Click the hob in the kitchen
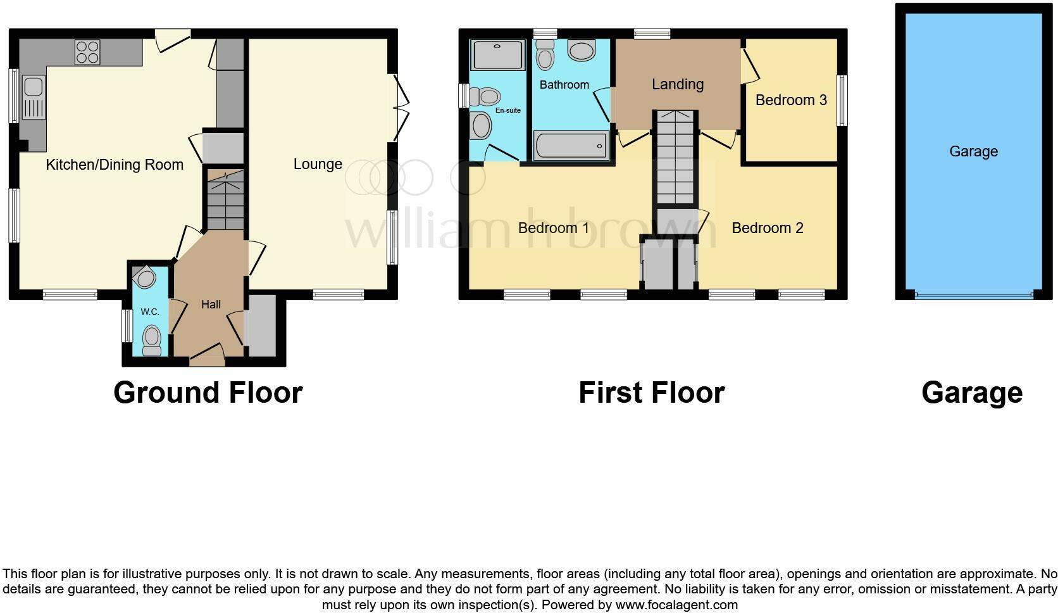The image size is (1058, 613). click(87, 52)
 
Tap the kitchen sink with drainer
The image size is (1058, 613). click(33, 98)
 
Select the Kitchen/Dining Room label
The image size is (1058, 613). click(115, 165)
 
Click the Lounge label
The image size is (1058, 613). click(318, 164)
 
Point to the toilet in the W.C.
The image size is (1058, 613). click(152, 340)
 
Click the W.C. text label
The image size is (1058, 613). click(150, 312)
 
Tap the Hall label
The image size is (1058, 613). click(211, 305)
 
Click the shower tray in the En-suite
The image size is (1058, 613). click(499, 55)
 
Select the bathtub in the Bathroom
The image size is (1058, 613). click(571, 146)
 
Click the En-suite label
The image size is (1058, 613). click(507, 110)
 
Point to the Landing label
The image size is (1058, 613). click(678, 84)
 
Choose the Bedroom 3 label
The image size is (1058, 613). click(791, 100)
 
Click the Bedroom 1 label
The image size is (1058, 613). click(554, 228)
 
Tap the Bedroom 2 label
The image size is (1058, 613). click(768, 228)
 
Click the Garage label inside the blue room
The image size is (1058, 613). click(973, 151)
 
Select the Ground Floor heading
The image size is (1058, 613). click(208, 393)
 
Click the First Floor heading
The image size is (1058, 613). click(651, 393)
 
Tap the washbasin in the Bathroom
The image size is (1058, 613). click(581, 51)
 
